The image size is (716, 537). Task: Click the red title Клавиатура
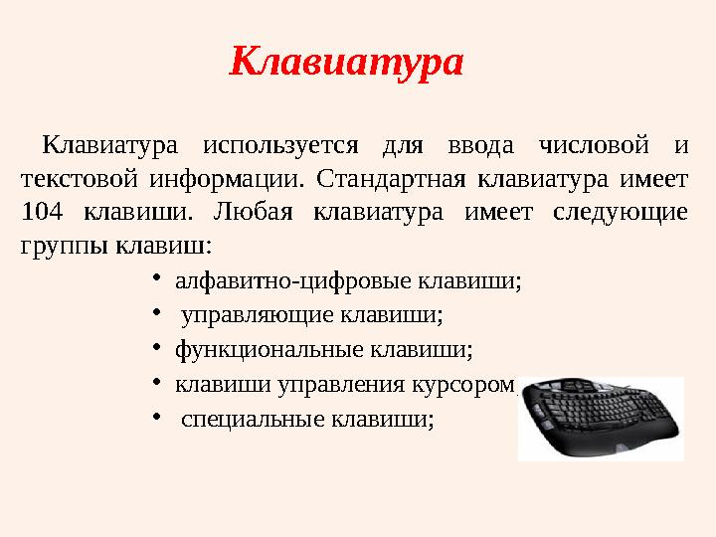(x=347, y=63)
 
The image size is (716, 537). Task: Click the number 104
(x=42, y=212)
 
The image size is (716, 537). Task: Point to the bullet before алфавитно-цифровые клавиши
(x=157, y=279)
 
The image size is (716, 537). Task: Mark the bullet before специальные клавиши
(x=157, y=417)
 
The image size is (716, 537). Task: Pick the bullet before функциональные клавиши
(x=157, y=348)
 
